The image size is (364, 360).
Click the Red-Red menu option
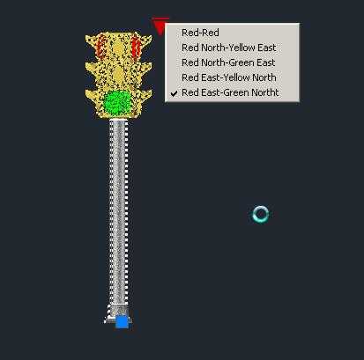(x=200, y=33)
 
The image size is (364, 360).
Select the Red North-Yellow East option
(x=229, y=48)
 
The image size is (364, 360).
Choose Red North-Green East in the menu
(x=228, y=62)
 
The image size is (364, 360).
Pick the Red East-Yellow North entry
(x=229, y=77)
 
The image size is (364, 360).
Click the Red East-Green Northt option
(x=230, y=92)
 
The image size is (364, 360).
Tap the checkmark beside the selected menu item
(x=175, y=93)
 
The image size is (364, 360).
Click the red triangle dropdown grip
(x=160, y=26)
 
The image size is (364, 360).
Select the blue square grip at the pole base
(x=122, y=322)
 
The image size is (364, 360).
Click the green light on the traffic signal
(x=117, y=103)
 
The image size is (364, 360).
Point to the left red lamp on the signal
(x=101, y=46)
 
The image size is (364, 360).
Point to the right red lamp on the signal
(x=136, y=46)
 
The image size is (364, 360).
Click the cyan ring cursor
(x=261, y=208)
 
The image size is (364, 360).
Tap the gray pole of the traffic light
(x=119, y=214)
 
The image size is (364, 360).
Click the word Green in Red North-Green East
(x=239, y=62)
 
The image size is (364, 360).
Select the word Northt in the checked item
(x=264, y=92)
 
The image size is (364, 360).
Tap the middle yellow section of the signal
(x=119, y=75)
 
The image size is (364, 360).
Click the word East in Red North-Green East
(x=264, y=62)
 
